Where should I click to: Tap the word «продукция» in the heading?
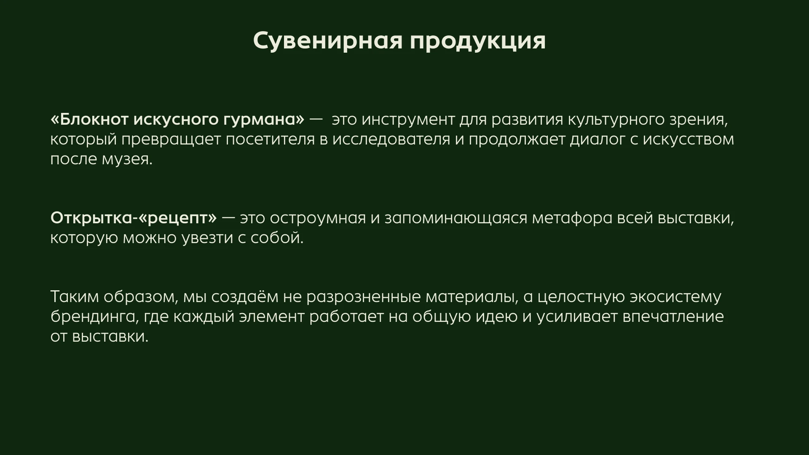coord(478,41)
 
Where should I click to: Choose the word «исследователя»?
coord(391,139)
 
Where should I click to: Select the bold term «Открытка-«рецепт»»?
coord(134,218)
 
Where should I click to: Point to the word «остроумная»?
coord(317,218)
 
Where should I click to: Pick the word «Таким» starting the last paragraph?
coord(74,297)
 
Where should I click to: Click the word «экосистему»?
coord(675,297)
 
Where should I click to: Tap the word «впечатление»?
coord(673,317)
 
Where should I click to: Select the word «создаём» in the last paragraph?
coord(244,297)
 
